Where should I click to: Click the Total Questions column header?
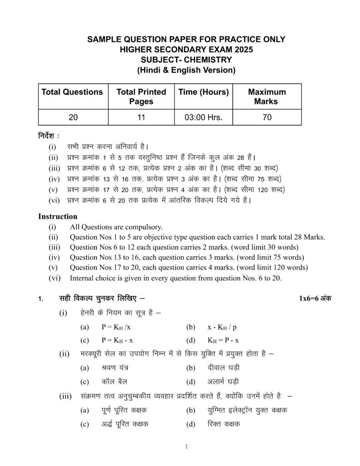click(x=72, y=92)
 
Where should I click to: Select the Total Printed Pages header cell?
click(x=141, y=96)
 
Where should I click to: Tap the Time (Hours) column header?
click(x=203, y=92)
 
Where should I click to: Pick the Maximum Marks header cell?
click(x=267, y=96)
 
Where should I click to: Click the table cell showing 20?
click(x=73, y=117)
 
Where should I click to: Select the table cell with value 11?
click(x=141, y=117)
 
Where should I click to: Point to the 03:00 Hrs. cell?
click(x=203, y=117)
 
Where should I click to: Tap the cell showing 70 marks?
click(x=267, y=117)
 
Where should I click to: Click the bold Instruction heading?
click(x=58, y=216)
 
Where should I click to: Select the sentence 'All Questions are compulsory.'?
click(x=116, y=227)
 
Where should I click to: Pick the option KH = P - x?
click(x=223, y=340)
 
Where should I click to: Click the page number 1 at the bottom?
click(x=186, y=446)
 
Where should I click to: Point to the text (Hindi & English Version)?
click(x=186, y=70)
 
